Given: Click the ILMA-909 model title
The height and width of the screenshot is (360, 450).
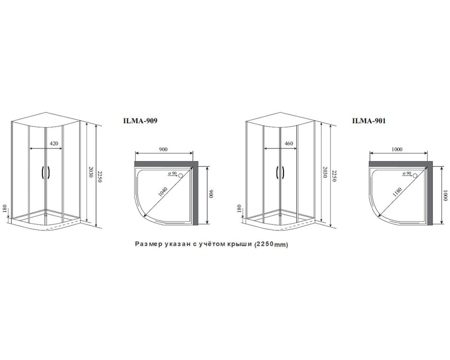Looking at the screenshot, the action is tap(140, 121).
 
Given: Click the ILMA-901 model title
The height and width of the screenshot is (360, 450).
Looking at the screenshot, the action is tap(369, 121).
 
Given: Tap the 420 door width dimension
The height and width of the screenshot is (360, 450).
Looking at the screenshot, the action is tap(54, 143).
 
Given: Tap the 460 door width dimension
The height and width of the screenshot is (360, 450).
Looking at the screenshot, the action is tap(289, 143).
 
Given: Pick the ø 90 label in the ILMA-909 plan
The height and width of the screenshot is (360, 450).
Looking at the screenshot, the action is tap(172, 173).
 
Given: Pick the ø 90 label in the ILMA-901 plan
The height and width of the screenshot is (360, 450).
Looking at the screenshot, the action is tap(407, 173).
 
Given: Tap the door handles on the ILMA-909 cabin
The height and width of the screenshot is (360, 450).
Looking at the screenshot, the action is tap(45, 173).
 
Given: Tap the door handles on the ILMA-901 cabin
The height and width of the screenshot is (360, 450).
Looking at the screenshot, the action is tap(280, 173).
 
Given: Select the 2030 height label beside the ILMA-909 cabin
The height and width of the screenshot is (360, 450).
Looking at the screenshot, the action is tap(91, 172).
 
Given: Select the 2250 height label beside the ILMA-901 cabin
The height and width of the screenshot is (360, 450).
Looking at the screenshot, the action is tap(333, 176).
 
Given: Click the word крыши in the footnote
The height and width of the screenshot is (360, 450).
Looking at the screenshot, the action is tap(243, 244).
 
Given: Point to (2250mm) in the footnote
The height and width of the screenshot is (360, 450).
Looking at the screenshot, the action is tap(271, 244).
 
